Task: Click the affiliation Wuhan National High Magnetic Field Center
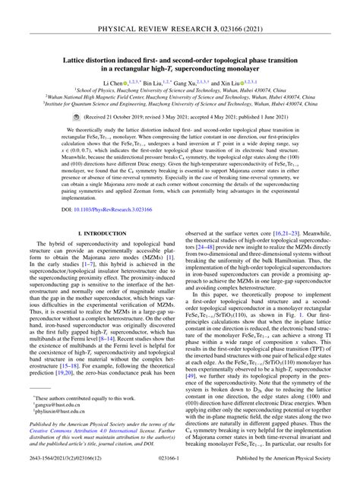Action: coord(180,97)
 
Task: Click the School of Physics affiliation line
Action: coord(180,89)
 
